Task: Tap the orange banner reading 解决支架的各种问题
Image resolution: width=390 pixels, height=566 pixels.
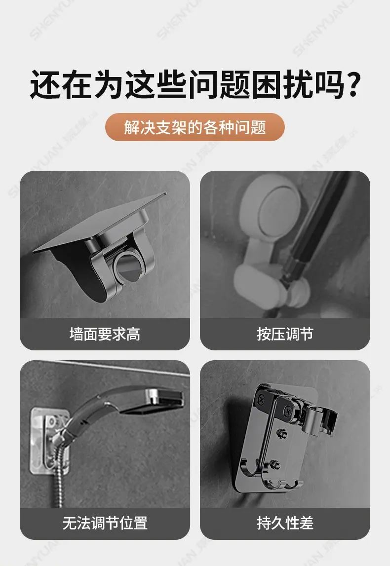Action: (195, 127)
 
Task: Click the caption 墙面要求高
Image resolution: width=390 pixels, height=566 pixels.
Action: (105, 334)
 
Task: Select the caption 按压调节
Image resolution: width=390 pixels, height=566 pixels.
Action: (285, 334)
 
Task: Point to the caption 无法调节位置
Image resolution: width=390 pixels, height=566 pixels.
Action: (105, 523)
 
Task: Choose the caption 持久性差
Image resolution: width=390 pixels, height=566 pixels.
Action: (285, 523)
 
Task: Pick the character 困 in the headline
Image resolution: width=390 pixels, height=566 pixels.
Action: (266, 84)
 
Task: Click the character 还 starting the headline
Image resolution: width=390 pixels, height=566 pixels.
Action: (45, 84)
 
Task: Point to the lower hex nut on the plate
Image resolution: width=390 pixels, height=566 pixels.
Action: (275, 464)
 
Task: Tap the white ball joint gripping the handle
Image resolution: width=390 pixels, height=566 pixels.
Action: (297, 291)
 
